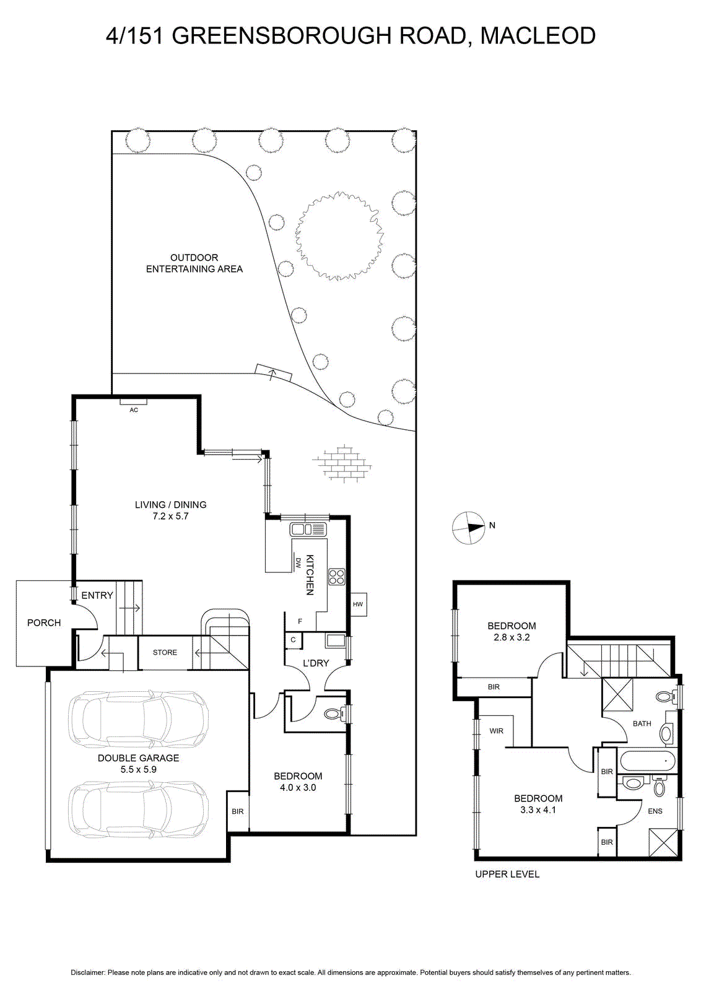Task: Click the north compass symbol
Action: click(x=468, y=528)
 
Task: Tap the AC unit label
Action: click(x=134, y=410)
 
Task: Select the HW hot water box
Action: click(x=358, y=605)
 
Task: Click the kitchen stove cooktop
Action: click(x=337, y=577)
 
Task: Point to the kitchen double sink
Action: click(x=307, y=529)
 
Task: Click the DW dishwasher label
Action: click(x=298, y=563)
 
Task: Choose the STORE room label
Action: click(x=165, y=653)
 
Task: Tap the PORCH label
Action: click(x=44, y=623)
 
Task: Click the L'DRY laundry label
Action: click(x=316, y=663)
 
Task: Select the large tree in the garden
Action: click(x=339, y=236)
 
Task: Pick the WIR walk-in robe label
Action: click(x=496, y=731)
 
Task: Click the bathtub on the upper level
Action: click(x=648, y=762)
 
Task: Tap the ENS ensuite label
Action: click(x=655, y=811)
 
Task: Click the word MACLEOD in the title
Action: click(x=538, y=35)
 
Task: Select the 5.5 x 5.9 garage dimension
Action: click(x=139, y=769)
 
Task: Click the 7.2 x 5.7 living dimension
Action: click(x=171, y=516)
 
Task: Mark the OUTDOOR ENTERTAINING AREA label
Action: click(x=194, y=263)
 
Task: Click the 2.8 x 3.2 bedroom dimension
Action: click(x=512, y=637)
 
